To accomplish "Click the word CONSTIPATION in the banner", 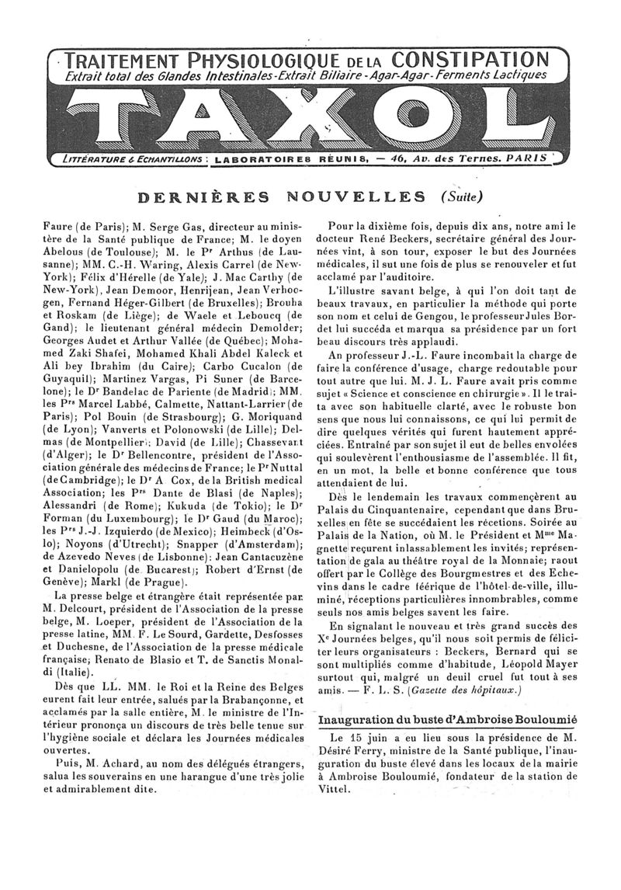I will [470, 60].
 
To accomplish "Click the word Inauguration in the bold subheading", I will [360, 720].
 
